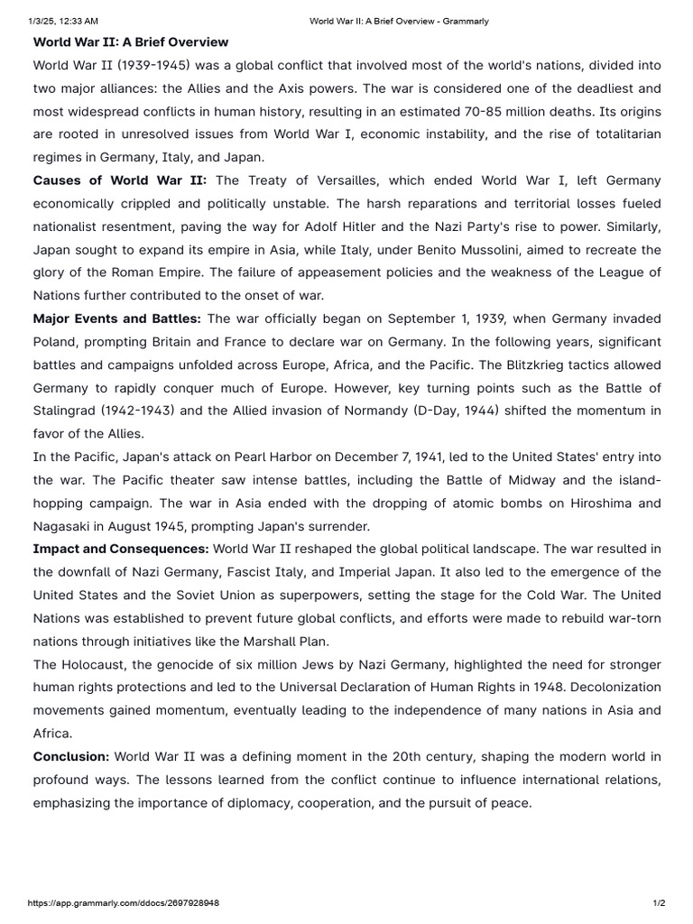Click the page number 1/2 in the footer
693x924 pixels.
(659, 902)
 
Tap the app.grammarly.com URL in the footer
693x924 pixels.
(124, 902)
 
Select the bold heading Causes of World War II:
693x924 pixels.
(120, 180)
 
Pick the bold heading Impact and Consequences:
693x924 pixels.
(121, 549)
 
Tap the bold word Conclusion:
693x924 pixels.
(71, 756)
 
